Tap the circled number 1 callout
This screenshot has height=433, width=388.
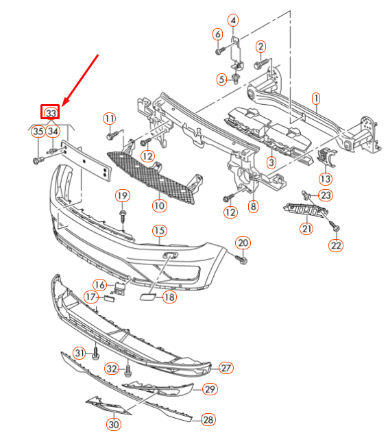(x=317, y=99)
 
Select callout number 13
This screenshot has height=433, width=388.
(x=325, y=179)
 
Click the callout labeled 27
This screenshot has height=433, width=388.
(x=225, y=368)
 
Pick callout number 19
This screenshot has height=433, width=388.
(x=122, y=197)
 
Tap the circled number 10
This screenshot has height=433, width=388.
(x=159, y=205)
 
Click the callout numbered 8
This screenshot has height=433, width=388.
(x=254, y=206)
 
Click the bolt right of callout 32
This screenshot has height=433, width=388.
(x=128, y=371)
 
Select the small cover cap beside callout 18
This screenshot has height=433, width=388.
(x=147, y=297)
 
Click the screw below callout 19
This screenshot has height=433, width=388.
(x=122, y=217)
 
